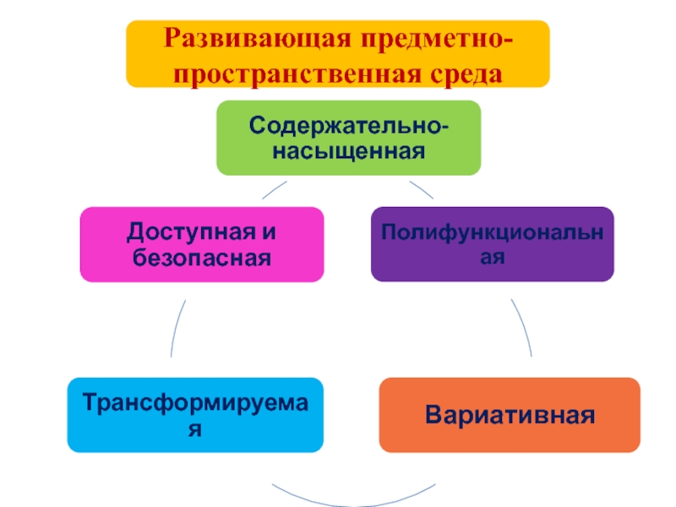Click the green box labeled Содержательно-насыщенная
point(347,138)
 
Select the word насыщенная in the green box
point(347,152)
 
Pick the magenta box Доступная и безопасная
point(202,244)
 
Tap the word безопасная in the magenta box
point(202,257)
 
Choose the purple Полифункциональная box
point(493,244)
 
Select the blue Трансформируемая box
point(195,414)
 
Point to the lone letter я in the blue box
point(195,428)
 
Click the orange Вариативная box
point(510,415)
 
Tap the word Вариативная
point(510,416)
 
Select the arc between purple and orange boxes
point(523,330)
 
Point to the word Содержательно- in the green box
point(347,126)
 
